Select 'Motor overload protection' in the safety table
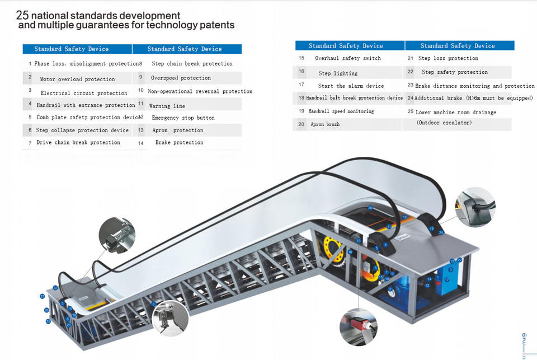coord(77,80)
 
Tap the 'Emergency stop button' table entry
coord(183,118)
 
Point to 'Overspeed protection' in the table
coord(181,78)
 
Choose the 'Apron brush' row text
coord(325,124)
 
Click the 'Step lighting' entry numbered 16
coord(338,73)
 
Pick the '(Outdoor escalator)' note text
coord(444,123)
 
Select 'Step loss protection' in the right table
coord(448,58)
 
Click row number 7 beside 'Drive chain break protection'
coord(30,143)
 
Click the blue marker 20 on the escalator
coord(370,208)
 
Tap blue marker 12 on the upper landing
coord(404,217)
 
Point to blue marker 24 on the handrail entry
coord(441,232)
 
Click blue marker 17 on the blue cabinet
coord(446,278)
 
